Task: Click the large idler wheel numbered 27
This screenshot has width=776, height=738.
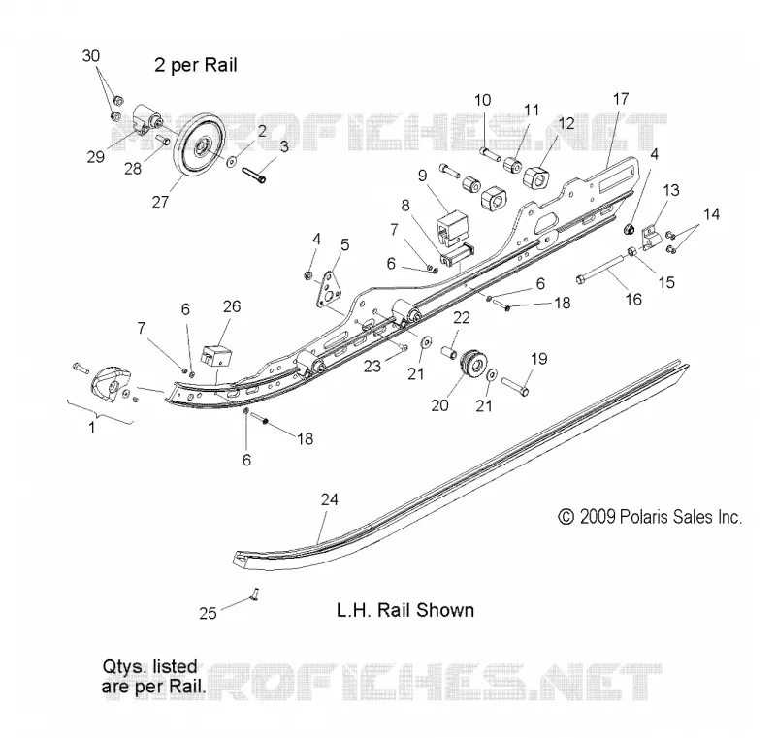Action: click(x=200, y=149)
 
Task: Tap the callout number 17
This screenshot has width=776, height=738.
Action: click(x=620, y=99)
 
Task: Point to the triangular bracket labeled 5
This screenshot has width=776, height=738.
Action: click(x=328, y=289)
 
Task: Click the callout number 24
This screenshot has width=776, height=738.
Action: click(x=329, y=499)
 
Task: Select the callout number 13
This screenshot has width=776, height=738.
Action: click(x=671, y=190)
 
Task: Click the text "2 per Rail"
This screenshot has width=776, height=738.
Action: click(x=196, y=65)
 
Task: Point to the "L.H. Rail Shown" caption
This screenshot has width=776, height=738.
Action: click(x=405, y=610)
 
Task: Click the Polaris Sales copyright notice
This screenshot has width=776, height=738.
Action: click(x=650, y=517)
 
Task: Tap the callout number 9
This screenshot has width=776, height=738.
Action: click(x=422, y=176)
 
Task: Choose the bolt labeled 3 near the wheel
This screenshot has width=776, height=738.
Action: click(x=254, y=175)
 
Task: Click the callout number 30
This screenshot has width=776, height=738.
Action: click(x=90, y=56)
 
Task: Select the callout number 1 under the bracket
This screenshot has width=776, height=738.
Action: click(x=91, y=427)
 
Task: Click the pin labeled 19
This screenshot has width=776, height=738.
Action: click(x=515, y=386)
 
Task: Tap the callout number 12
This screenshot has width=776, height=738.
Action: click(x=566, y=123)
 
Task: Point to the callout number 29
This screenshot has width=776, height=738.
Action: click(x=95, y=157)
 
